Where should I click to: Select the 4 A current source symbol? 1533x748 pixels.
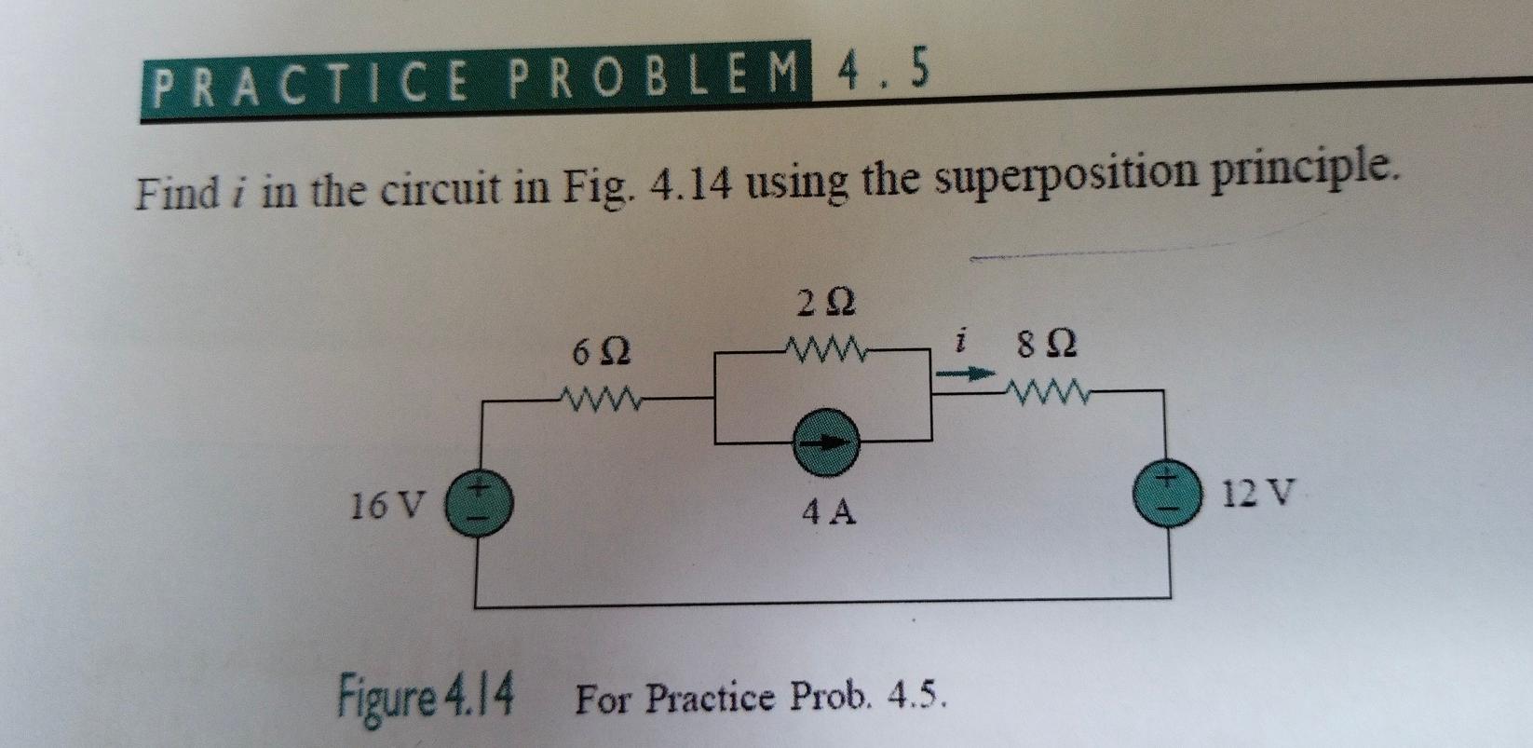click(825, 444)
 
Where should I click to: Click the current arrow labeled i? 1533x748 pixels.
click(960, 374)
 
